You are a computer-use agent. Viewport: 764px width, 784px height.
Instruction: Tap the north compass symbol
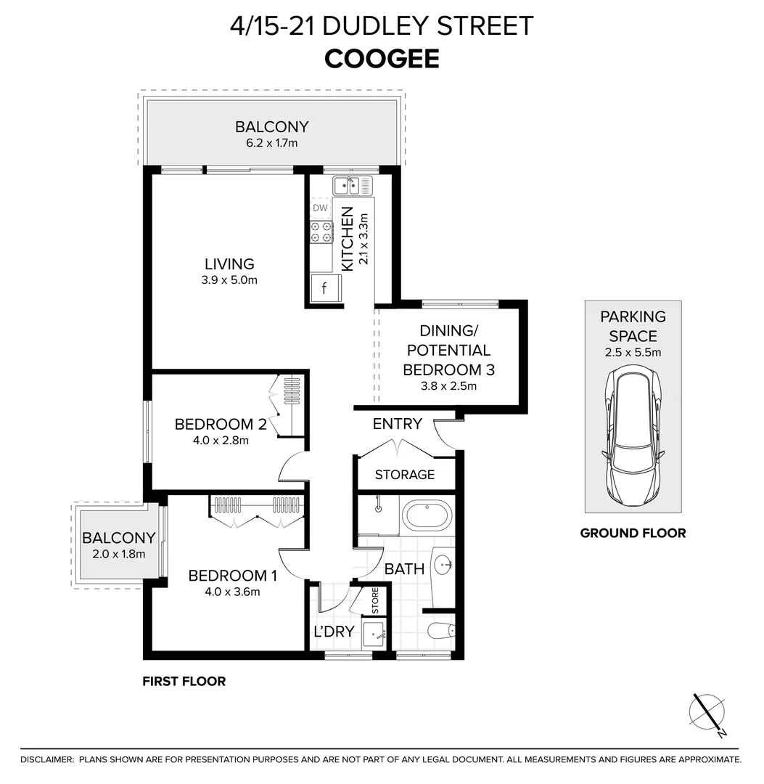pos(707,715)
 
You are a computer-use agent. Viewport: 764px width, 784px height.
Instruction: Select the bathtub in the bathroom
pos(427,517)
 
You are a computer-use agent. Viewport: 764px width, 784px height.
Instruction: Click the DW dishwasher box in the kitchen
pos(320,208)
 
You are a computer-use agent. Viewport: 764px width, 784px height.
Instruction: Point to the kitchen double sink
pos(352,187)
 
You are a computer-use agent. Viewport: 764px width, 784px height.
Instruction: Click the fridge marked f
pos(324,288)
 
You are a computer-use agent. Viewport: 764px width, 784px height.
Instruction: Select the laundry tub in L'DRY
pos(376,634)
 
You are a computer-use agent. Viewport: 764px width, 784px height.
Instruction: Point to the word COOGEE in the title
pos(382,59)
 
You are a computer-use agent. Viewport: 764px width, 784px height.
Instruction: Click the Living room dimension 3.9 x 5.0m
pos(229,279)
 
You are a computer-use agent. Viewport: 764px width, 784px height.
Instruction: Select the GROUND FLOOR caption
pos(633,533)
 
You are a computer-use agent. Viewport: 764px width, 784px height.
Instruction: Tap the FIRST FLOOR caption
pos(184,681)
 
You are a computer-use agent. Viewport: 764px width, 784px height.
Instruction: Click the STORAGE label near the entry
pos(404,475)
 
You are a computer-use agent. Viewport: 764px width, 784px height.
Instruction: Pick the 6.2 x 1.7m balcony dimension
pos(271,143)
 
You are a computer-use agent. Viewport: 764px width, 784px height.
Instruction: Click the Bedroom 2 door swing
pos(292,467)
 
